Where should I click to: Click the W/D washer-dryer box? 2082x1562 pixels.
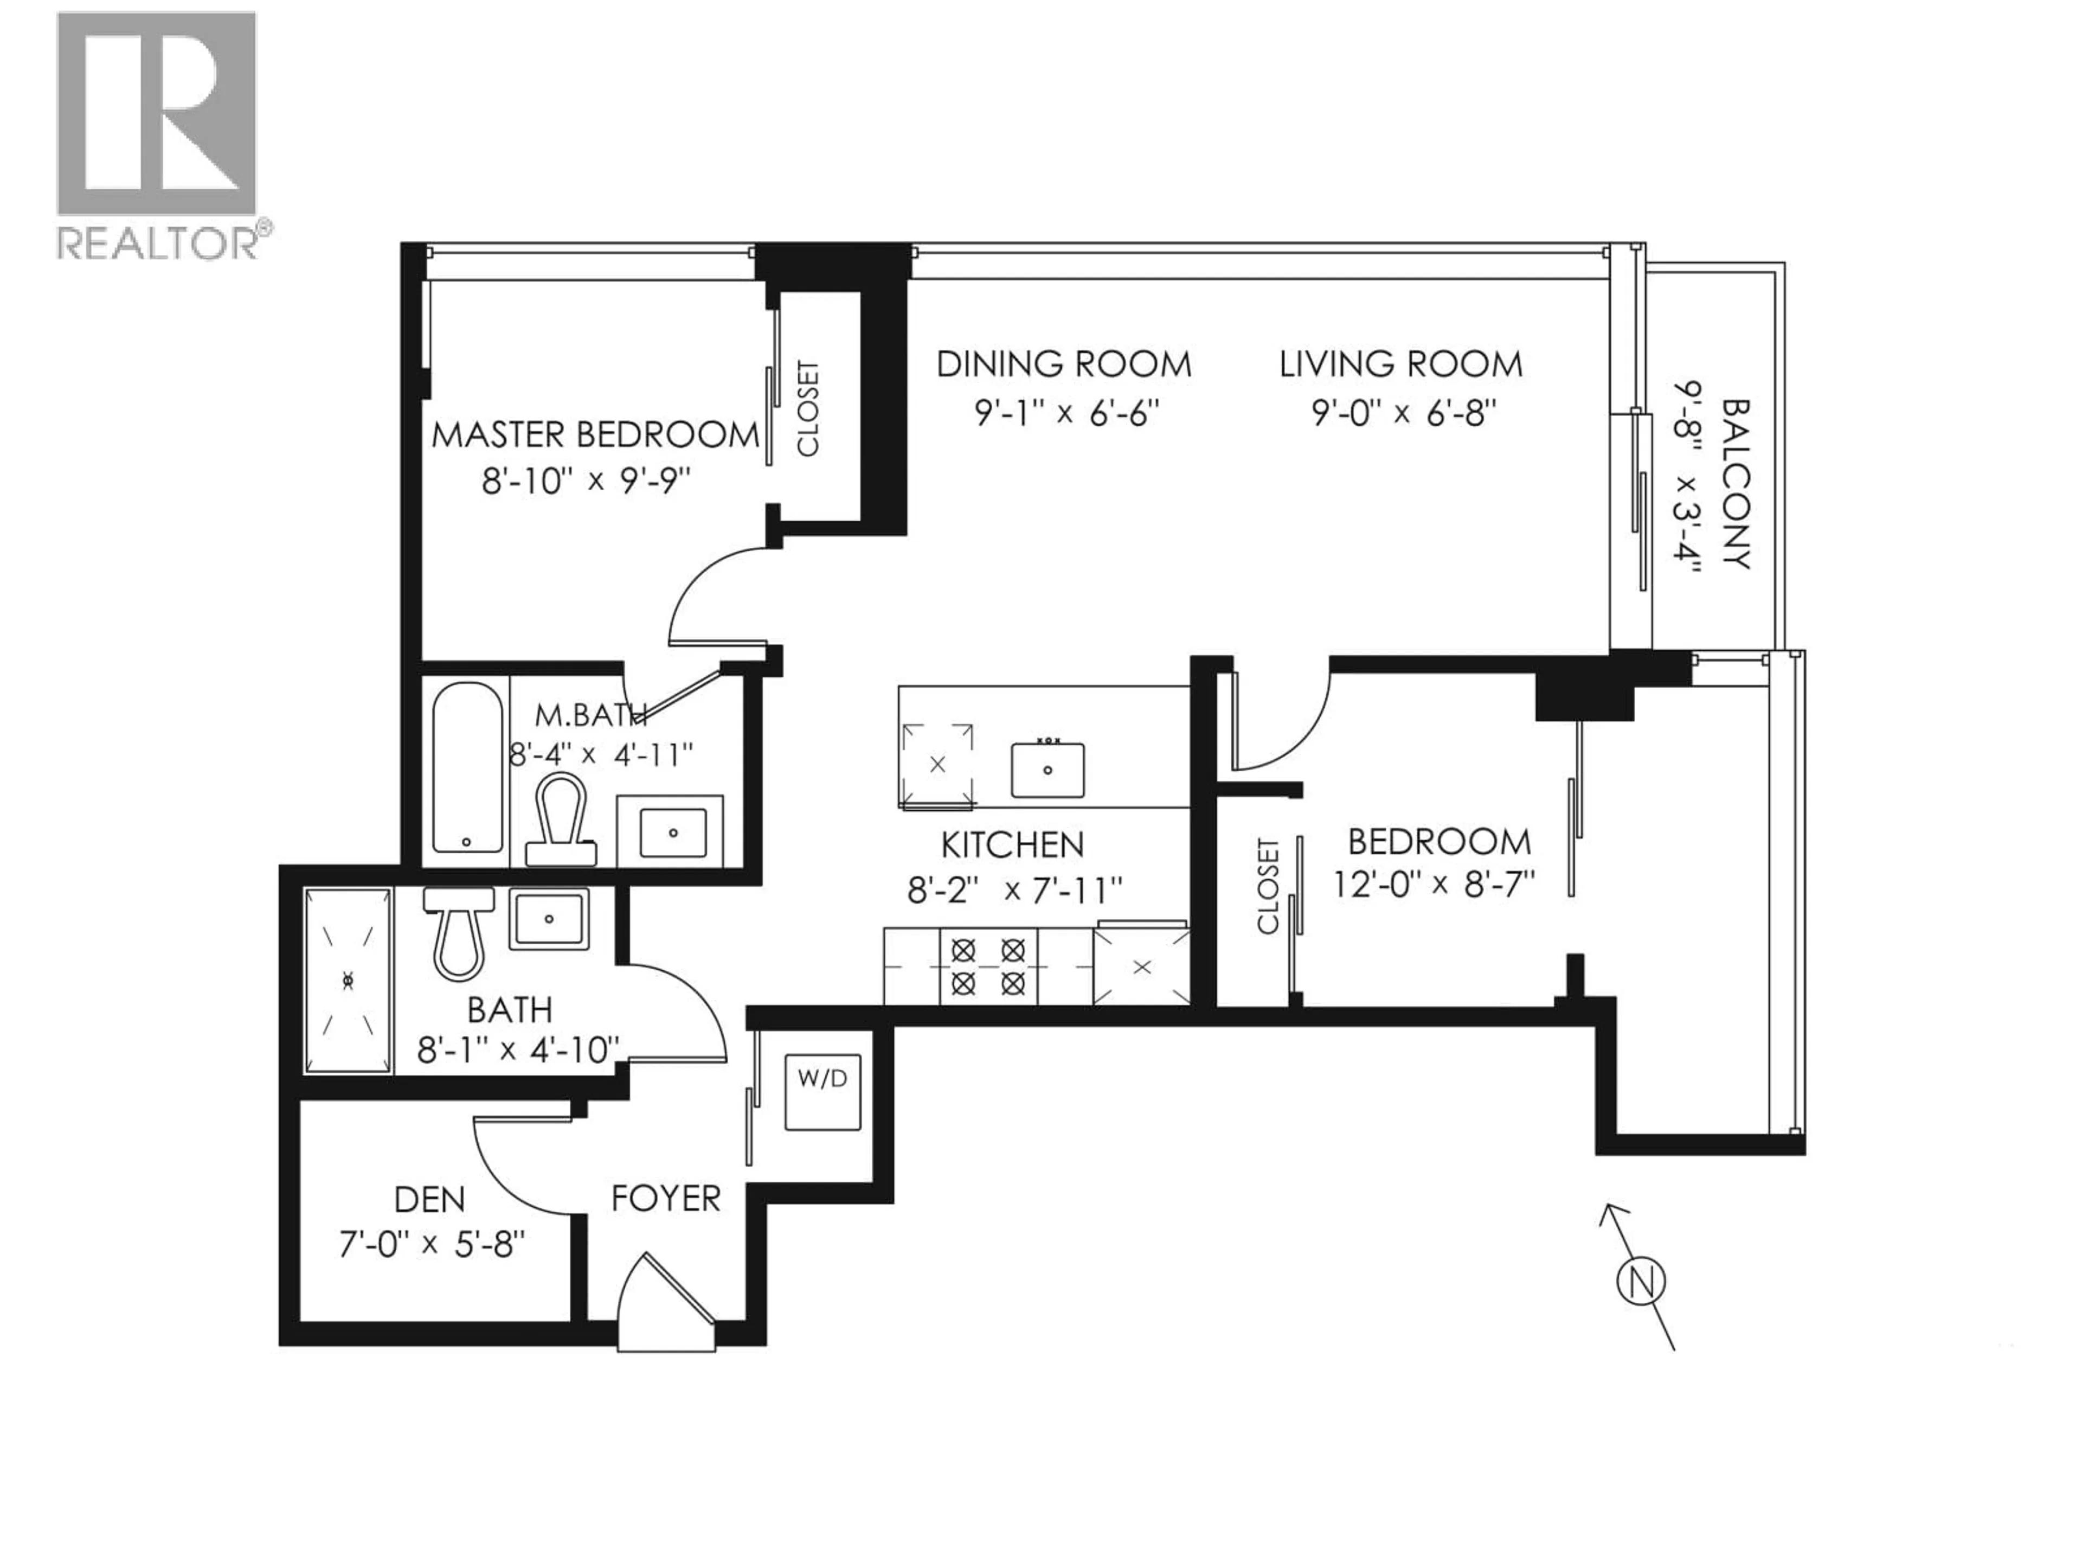point(822,1092)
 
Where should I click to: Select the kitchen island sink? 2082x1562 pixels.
point(1048,769)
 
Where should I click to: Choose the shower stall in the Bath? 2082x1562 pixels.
point(348,980)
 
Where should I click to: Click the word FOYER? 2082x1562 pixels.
point(665,1199)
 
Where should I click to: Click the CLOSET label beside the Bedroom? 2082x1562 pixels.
point(1268,886)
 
